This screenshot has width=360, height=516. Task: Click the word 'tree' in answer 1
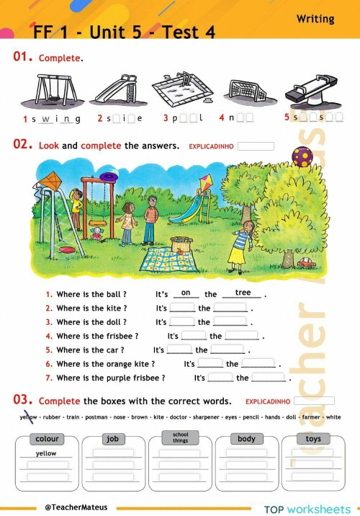(242, 293)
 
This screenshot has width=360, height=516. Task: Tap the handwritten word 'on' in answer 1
(186, 293)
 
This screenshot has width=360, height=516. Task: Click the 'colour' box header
(48, 438)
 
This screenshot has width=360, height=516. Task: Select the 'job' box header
(112, 438)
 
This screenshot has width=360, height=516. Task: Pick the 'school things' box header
(180, 437)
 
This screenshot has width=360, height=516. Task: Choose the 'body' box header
(246, 438)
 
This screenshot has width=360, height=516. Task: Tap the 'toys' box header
(313, 438)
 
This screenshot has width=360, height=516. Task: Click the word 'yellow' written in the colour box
(46, 453)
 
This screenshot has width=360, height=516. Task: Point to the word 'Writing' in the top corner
(315, 19)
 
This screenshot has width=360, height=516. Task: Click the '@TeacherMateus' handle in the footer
(76, 507)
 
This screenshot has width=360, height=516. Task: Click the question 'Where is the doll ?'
(91, 322)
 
